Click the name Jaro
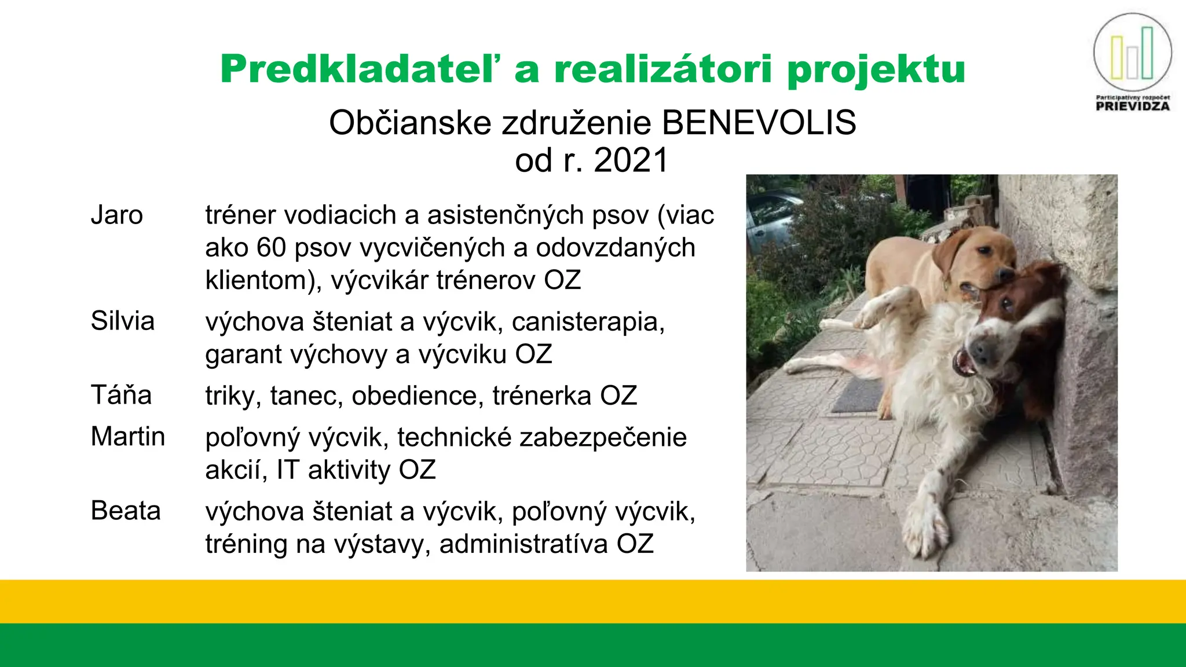click(116, 215)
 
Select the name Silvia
click(123, 321)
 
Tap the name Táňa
click(121, 395)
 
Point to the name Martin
click(128, 437)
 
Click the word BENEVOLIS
click(759, 123)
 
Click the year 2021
click(631, 160)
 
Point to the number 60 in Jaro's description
click(271, 248)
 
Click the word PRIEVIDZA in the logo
click(1133, 107)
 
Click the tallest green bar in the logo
click(1147, 53)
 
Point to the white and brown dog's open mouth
click(963, 363)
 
